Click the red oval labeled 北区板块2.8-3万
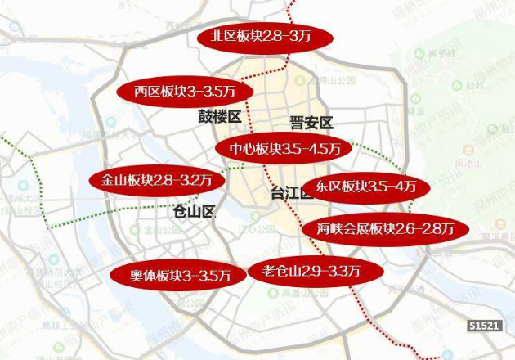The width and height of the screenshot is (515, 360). (x=266, y=37)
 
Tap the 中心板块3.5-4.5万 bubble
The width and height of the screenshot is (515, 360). (x=284, y=149)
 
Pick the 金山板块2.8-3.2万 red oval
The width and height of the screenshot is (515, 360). (x=155, y=180)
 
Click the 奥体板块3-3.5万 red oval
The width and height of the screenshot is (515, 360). (x=177, y=275)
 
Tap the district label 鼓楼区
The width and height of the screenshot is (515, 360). (x=219, y=117)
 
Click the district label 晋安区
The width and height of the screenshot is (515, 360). (x=311, y=124)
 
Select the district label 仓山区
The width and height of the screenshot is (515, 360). (x=194, y=211)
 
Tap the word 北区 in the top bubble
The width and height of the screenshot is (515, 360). (x=224, y=37)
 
